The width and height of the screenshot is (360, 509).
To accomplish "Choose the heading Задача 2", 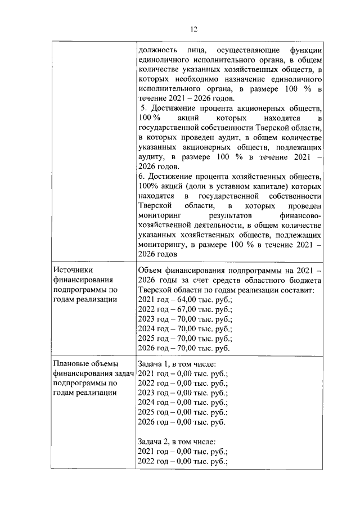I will tap(156, 442).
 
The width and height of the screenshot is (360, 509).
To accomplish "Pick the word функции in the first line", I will tap(303, 51).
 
